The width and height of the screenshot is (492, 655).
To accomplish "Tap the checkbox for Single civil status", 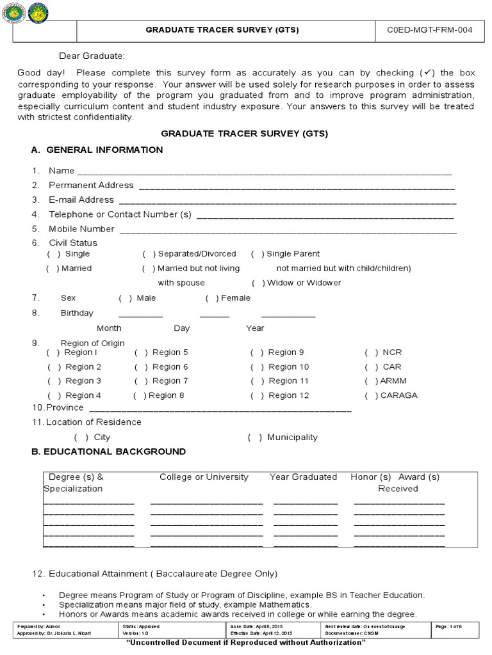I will (x=53, y=254).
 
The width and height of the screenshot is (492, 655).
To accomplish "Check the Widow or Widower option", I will (x=258, y=283).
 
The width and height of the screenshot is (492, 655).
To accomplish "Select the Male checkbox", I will (x=126, y=298).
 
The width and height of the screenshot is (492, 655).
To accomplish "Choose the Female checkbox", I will (x=212, y=298).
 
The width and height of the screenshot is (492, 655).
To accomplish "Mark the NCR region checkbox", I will (x=372, y=352).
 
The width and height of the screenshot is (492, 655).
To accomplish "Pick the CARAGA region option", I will (x=371, y=395).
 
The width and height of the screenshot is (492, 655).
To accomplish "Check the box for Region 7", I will (x=140, y=381).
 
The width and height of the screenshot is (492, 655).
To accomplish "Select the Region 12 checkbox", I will (x=257, y=395).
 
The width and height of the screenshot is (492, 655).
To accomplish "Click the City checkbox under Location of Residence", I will (x=81, y=438).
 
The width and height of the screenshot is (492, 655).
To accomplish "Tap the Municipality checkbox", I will (x=255, y=438).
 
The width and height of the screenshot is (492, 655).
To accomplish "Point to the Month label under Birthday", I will (x=109, y=328).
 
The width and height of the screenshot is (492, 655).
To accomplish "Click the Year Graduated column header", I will (x=303, y=477).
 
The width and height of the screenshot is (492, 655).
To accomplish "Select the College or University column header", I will (x=204, y=477).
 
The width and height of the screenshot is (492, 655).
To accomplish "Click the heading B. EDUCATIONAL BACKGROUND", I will (x=108, y=452).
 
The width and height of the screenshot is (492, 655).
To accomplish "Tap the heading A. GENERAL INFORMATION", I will (x=97, y=150).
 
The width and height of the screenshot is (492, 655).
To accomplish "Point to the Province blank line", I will (x=220, y=409).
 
